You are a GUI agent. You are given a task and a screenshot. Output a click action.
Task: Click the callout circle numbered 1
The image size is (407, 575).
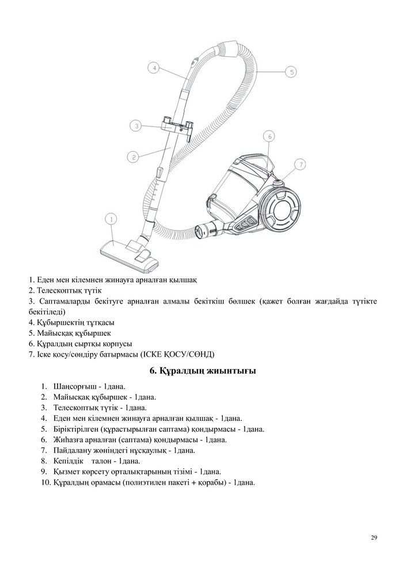[x=111, y=218]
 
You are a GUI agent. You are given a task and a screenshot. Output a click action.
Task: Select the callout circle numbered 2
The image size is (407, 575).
[x=133, y=156]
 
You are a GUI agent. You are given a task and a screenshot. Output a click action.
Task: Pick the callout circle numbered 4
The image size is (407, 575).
[x=153, y=68]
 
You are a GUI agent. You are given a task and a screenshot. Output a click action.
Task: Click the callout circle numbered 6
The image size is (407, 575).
[x=269, y=136]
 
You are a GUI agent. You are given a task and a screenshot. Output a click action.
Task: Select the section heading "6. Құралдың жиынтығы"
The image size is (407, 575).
[x=203, y=371]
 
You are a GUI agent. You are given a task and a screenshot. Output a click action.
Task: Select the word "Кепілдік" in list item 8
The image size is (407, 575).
[x=68, y=461]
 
